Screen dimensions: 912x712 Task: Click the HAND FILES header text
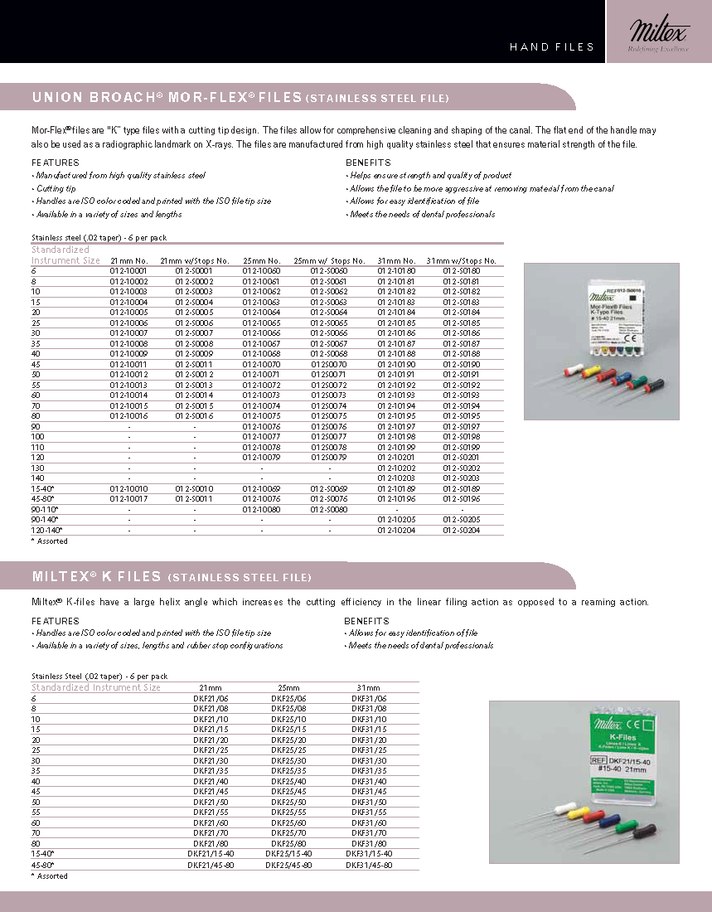552,47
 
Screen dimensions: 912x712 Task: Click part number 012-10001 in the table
128,271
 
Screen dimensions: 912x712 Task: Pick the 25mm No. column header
261,261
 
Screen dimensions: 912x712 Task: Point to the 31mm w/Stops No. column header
461,261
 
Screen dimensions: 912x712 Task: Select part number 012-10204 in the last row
396,530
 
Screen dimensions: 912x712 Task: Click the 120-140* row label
46,530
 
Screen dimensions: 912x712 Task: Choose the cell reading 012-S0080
329,509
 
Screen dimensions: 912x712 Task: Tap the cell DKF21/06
210,698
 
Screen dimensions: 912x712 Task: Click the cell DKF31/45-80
369,865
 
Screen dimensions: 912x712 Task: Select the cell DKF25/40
288,781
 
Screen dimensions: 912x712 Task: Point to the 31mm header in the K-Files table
368,687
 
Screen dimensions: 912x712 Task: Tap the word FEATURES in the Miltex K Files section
56,620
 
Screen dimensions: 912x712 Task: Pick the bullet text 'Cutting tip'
56,188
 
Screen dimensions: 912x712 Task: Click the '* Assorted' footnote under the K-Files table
50,876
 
